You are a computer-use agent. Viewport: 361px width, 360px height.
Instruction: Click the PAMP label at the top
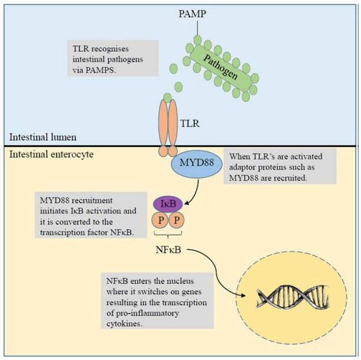(192, 14)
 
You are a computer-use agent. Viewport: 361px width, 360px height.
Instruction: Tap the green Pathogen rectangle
(220, 67)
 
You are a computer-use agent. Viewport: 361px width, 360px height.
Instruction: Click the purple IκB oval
(168, 204)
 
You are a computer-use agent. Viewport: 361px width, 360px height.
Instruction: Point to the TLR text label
(190, 123)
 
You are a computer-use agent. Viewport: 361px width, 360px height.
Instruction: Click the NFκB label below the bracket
(168, 249)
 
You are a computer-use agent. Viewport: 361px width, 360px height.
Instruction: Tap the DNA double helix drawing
(293, 296)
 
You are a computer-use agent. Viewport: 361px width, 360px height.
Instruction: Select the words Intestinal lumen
(43, 137)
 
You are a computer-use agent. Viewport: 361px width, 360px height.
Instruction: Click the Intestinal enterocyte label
(51, 154)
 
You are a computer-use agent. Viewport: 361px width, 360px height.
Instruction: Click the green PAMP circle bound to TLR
(167, 98)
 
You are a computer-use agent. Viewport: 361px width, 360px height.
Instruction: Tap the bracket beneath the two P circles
(168, 235)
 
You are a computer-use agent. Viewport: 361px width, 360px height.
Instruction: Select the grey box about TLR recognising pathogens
(113, 58)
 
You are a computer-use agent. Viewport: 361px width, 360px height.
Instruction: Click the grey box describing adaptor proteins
(279, 166)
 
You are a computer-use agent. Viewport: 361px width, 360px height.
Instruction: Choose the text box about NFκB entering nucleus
(157, 300)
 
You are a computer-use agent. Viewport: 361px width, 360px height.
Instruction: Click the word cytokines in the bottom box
(124, 323)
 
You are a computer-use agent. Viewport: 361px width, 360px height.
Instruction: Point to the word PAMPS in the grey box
(100, 70)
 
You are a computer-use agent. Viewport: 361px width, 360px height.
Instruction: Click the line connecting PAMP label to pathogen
(197, 28)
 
